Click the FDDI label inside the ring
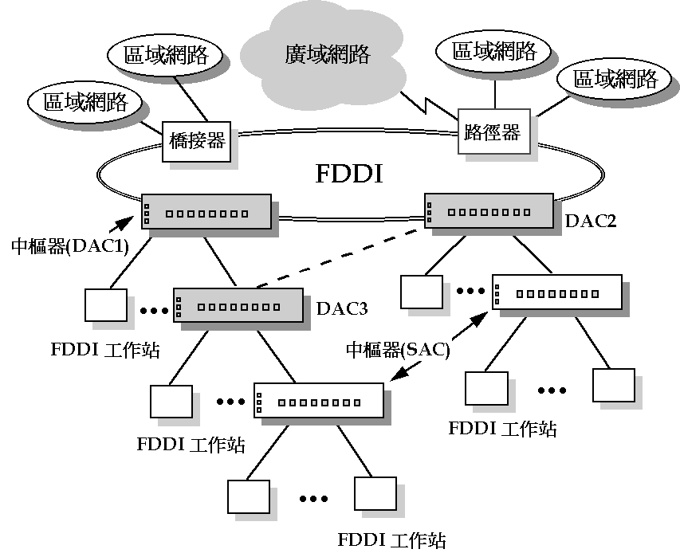pos(349,175)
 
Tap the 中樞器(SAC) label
pos(397,349)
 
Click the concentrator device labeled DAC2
pos(487,212)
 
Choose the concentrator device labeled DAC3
pos(238,306)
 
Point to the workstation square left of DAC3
pos(105,305)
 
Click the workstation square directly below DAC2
pos(422,292)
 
